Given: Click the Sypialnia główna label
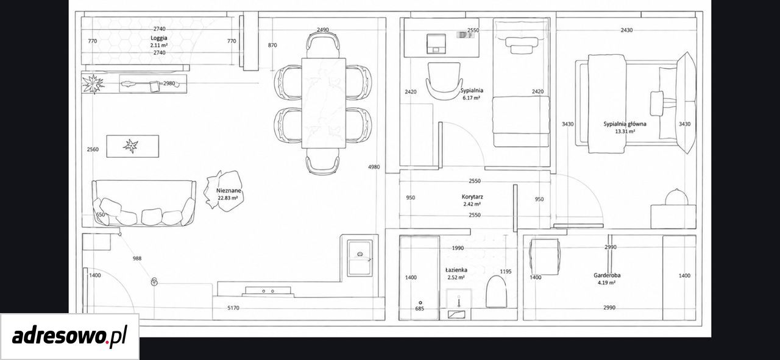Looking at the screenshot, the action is pyautogui.click(x=625, y=124).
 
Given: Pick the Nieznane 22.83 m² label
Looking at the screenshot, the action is pyautogui.click(x=229, y=194).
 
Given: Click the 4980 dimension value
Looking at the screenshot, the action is pyautogui.click(x=374, y=167).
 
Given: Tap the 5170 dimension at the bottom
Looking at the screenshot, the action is pyautogui.click(x=233, y=308).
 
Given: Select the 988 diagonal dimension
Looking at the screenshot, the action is pyautogui.click(x=137, y=258).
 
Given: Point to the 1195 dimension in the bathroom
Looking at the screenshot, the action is pyautogui.click(x=506, y=272).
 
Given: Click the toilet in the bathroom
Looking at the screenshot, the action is pyautogui.click(x=496, y=292).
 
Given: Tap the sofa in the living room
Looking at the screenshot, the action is pyautogui.click(x=143, y=203).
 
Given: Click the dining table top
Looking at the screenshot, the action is pyautogui.click(x=324, y=103).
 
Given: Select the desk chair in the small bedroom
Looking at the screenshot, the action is pyautogui.click(x=444, y=82).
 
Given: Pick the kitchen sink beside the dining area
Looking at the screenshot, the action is pyautogui.click(x=360, y=258).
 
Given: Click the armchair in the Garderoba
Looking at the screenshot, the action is pyautogui.click(x=545, y=256).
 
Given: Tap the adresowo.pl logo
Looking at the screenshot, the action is pyautogui.click(x=69, y=336).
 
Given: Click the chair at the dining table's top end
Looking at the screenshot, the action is pyautogui.click(x=323, y=45).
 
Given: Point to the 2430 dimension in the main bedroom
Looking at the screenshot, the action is pyautogui.click(x=626, y=30).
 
